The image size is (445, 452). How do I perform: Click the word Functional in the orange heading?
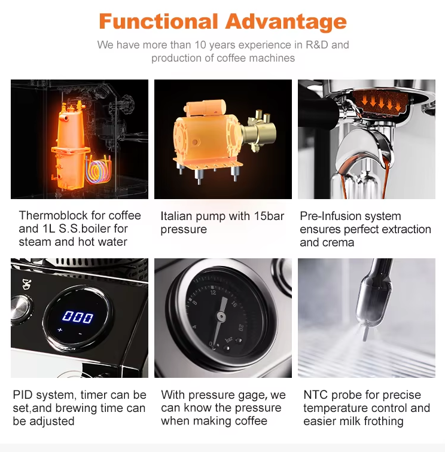point(159,22)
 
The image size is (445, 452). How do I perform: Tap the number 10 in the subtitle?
point(200,45)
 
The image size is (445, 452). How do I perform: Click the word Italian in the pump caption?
point(176,216)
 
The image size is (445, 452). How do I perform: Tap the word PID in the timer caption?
point(23,395)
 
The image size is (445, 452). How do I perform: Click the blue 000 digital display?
point(78,317)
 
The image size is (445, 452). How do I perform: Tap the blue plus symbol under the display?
point(60,329)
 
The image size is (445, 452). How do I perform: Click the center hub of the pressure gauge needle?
point(221,316)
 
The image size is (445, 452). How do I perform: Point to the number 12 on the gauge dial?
point(213,293)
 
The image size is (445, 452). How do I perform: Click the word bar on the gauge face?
point(228,340)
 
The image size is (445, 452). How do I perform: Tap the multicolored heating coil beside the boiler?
point(99,169)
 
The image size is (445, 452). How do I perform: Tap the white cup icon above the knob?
point(27,284)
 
